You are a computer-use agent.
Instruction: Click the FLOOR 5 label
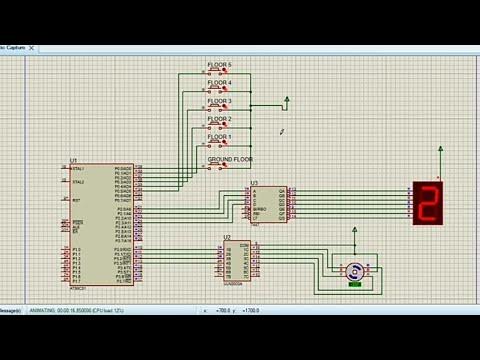219,64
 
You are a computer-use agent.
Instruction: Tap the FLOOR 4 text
219,82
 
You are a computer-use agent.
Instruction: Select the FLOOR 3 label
219,100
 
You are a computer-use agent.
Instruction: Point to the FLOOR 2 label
219,118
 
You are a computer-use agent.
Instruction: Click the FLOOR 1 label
219,136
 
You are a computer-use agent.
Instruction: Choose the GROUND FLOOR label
229,159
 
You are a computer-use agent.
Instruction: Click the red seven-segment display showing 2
427,203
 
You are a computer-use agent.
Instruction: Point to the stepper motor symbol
354,270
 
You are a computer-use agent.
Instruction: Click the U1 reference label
74,160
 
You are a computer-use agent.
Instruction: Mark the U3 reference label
254,183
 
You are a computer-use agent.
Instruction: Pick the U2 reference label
227,237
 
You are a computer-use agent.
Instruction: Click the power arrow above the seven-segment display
439,150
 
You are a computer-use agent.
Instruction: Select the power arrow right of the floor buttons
287,99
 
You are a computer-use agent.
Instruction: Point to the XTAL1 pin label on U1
78,168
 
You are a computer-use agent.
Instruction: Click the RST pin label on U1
76,200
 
